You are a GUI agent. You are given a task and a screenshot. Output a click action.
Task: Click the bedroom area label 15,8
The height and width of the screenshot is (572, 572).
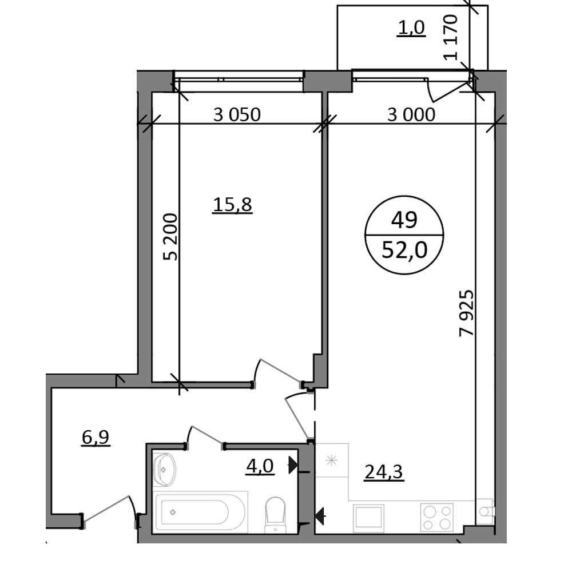pyautogui.click(x=232, y=205)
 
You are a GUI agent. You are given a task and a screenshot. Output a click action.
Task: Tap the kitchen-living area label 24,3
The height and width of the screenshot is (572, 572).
pyautogui.click(x=384, y=472)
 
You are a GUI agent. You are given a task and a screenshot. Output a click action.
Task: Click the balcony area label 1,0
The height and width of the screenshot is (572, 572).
pyautogui.click(x=411, y=27)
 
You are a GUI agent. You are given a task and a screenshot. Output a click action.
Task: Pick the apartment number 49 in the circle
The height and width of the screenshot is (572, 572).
pyautogui.click(x=404, y=220)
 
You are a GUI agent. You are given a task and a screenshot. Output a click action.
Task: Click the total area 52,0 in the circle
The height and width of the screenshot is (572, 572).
pyautogui.click(x=404, y=251)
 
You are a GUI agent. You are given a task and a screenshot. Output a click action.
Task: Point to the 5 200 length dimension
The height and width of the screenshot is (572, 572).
pyautogui.click(x=170, y=237)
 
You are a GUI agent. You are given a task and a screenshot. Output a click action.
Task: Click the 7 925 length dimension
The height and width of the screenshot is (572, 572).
pyautogui.click(x=467, y=313)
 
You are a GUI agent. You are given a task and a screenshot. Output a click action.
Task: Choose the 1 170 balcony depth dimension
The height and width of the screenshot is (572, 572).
pyautogui.click(x=451, y=37)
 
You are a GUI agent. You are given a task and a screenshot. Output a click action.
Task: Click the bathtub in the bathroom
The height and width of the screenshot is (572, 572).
pyautogui.click(x=201, y=512)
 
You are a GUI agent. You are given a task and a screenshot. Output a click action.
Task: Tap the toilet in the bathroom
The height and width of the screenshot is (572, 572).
pyautogui.click(x=275, y=513)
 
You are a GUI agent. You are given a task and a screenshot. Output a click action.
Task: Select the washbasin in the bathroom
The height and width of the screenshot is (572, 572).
pyautogui.click(x=164, y=469)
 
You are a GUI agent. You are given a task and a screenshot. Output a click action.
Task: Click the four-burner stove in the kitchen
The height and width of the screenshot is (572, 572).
pyautogui.click(x=436, y=517)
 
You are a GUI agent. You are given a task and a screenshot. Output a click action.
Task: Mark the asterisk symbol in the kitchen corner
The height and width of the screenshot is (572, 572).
pyautogui.click(x=332, y=460)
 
